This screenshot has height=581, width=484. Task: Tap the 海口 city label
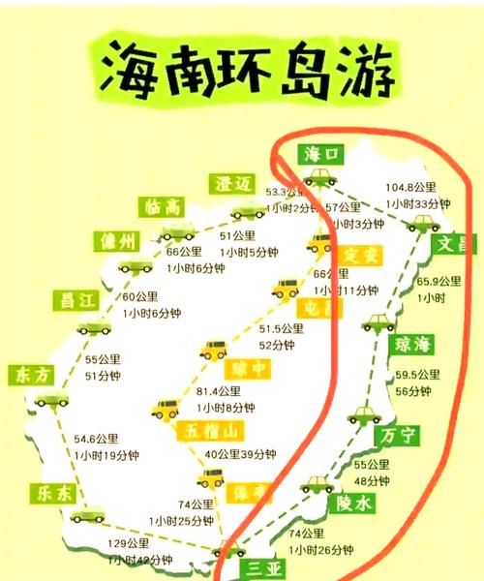[322, 153]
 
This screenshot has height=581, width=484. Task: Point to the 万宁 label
[398, 434]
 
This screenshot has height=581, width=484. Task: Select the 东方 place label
[28, 374]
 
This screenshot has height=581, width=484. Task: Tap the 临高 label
[160, 205]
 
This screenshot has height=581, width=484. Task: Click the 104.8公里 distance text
[411, 187]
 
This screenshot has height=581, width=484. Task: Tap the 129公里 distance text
[128, 543]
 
